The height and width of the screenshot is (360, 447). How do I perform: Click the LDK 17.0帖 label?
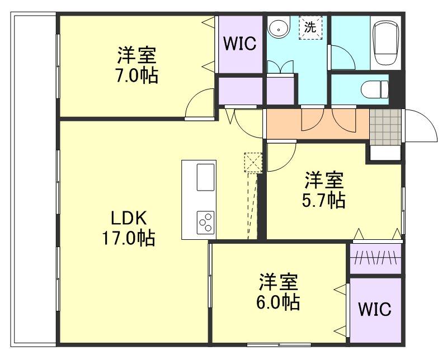tap(128, 228)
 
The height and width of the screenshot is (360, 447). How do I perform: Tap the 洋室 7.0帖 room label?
tap(137, 65)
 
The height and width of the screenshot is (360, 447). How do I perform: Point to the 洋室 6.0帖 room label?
tap(279, 292)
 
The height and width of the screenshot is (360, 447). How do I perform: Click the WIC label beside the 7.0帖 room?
tap(240, 44)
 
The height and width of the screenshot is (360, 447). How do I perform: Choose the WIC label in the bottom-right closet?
tap(375, 309)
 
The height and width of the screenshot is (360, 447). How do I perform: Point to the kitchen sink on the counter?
tap(205, 178)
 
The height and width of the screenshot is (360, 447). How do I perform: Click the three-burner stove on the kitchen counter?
tap(205, 222)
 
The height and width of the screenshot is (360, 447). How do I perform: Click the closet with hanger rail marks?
tap(375, 259)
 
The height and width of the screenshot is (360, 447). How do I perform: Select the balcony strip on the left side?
tap(34, 179)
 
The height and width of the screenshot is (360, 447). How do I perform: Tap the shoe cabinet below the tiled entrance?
tap(384, 151)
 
